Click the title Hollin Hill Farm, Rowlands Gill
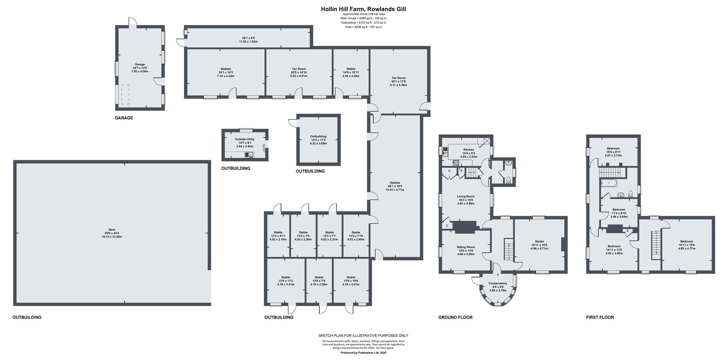pos(363,9)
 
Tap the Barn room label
pos(112,230)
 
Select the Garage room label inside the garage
pos(140,64)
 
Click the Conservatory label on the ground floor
pos(498,284)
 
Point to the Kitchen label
pos(468,150)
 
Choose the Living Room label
pos(466,196)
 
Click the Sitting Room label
pos(466,247)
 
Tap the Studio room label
pos(539,242)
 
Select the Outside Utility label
pos(245,139)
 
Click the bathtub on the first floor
pos(608,183)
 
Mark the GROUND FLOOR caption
pos(456,317)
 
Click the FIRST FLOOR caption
pos(600,317)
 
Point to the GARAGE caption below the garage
pos(124,118)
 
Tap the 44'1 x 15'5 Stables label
pos(395,183)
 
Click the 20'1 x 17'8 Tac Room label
pos(398,78)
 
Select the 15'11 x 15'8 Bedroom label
pos(686,242)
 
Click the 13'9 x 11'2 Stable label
pos(285,277)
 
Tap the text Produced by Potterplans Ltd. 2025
pos(363,353)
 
